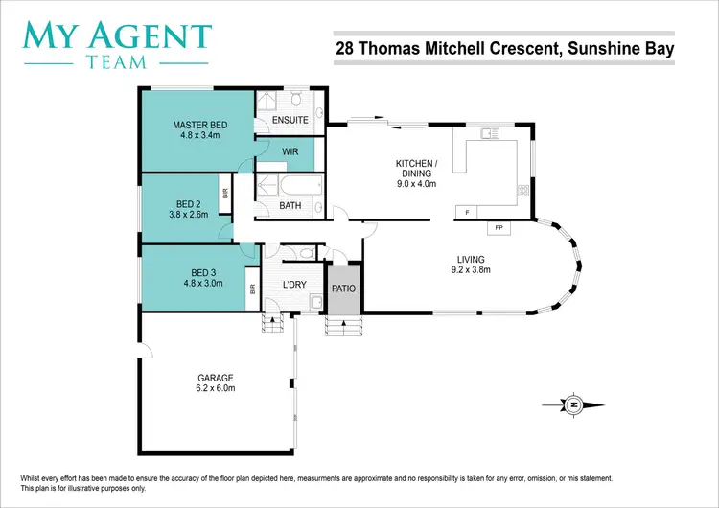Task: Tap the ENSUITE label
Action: [x=290, y=121]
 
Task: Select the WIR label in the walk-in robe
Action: [x=290, y=151]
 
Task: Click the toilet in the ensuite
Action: [x=297, y=101]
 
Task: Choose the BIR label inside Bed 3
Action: [x=252, y=288]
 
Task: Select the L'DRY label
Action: [x=294, y=284]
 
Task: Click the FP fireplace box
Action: [x=499, y=228]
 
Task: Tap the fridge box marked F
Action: [x=467, y=211]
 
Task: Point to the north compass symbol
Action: [x=572, y=405]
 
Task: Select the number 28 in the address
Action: [x=344, y=47]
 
